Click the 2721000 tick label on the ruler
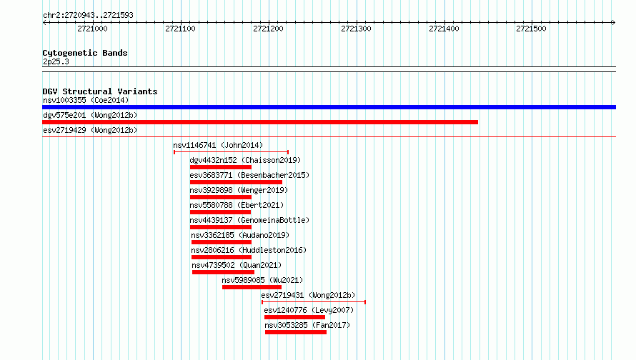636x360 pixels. tap(92, 29)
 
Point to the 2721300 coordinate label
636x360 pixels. tap(356, 29)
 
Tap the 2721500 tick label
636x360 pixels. tap(532, 29)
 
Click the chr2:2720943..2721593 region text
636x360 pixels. tap(88, 16)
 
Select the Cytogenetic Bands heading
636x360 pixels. tap(85, 53)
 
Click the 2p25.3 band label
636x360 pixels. tap(56, 61)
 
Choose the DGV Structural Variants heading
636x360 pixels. tap(100, 91)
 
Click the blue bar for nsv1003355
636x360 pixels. tap(329, 107)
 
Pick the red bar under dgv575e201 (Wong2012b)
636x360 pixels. tap(260, 122)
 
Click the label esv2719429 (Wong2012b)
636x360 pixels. tap(90, 130)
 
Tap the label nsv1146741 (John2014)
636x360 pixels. tap(218, 145)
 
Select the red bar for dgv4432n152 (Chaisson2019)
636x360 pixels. tap(221, 167)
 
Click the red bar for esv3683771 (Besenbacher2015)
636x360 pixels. tap(236, 182)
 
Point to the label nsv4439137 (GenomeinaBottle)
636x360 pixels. tap(249, 220)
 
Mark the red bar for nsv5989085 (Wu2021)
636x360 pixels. tap(252, 287)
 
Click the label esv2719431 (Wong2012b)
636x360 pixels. tap(308, 295)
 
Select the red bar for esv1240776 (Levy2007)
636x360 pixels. tap(295, 317)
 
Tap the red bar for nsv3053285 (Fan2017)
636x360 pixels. tap(296, 332)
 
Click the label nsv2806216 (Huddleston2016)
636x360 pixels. tap(249, 250)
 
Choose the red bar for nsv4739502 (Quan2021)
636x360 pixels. tap(224, 272)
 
